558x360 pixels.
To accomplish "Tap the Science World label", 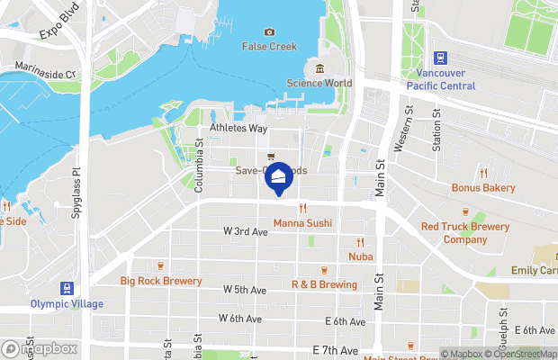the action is [319, 84].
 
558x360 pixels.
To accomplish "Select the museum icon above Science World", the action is [319, 69].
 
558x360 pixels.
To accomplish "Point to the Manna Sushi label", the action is [302, 222].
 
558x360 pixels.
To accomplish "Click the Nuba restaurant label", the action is [360, 256].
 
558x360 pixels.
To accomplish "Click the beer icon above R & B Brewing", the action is [324, 270].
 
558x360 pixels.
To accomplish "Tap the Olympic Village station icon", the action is [66, 289].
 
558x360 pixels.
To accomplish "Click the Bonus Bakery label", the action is [483, 187].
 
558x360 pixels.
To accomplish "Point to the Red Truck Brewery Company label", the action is [464, 233].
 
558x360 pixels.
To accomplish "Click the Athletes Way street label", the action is [238, 129].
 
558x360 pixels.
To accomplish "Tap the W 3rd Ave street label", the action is [246, 231].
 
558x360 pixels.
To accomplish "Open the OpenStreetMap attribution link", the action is [523, 354].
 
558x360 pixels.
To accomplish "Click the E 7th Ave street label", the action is [336, 349].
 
